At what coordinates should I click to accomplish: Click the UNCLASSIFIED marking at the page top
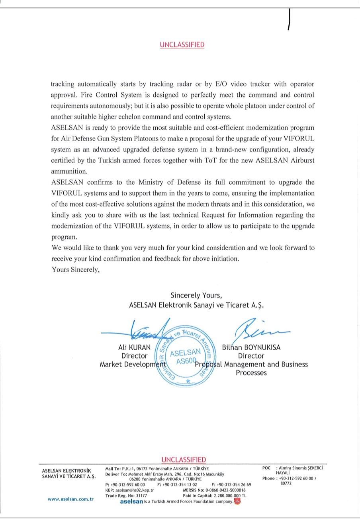(182, 45)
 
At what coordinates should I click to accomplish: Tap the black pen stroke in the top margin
(289, 19)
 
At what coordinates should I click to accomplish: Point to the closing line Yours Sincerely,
(75, 269)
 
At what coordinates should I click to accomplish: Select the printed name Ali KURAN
(135, 347)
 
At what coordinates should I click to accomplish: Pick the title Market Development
(132, 364)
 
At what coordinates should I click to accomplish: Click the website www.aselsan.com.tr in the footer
(70, 499)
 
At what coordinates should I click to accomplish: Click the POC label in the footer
(266, 468)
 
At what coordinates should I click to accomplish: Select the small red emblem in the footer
(237, 501)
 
